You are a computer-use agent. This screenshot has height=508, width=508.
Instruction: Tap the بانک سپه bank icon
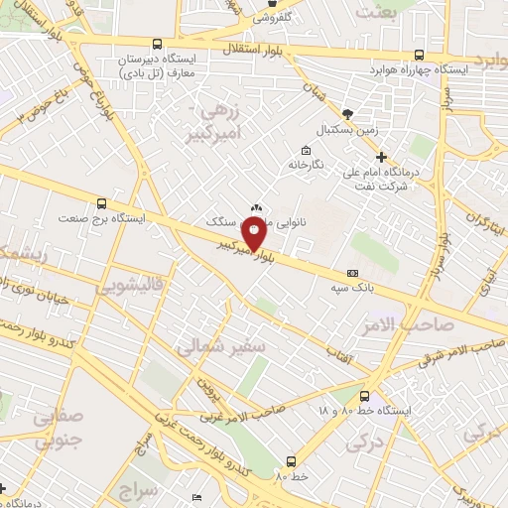[352, 272]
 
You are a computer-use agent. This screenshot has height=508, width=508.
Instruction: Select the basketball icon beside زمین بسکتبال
[347, 113]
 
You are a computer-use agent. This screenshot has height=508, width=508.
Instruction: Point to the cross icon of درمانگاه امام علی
[382, 157]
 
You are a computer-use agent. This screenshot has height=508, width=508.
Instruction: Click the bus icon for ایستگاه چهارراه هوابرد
[420, 56]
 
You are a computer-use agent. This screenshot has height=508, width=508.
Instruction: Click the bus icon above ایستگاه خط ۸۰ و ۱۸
[366, 394]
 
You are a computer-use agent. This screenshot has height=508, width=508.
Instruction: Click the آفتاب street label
[339, 353]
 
